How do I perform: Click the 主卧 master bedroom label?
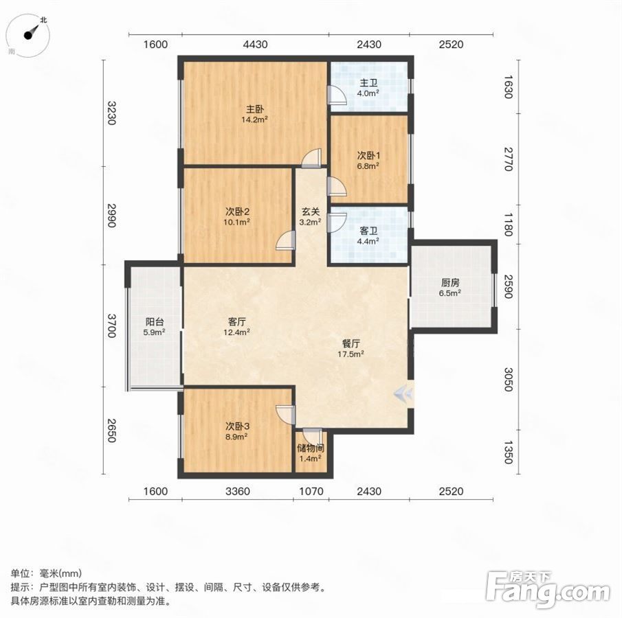pyautogui.click(x=255, y=109)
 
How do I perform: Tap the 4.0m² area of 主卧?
pyautogui.click(x=368, y=93)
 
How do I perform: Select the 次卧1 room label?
pyautogui.click(x=368, y=156)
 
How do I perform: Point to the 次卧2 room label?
pyautogui.click(x=237, y=211)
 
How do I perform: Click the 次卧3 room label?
pyautogui.click(x=237, y=426)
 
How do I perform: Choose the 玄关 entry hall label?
pyautogui.click(x=311, y=212)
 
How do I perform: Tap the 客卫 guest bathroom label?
pyautogui.click(x=368, y=231)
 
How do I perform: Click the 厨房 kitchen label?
pyautogui.click(x=450, y=283)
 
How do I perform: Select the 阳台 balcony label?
pyautogui.click(x=155, y=322)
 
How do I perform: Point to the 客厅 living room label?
pyautogui.click(x=237, y=322)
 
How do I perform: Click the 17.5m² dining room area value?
pyautogui.click(x=351, y=354)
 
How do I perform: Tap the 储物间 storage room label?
pyautogui.click(x=311, y=448)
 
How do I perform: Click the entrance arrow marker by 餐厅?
pyautogui.click(x=403, y=393)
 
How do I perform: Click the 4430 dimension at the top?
pyautogui.click(x=255, y=44)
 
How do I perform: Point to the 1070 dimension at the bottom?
pyautogui.click(x=311, y=492)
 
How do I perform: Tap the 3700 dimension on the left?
pyautogui.click(x=111, y=325)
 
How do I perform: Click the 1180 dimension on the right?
pyautogui.click(x=508, y=224)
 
